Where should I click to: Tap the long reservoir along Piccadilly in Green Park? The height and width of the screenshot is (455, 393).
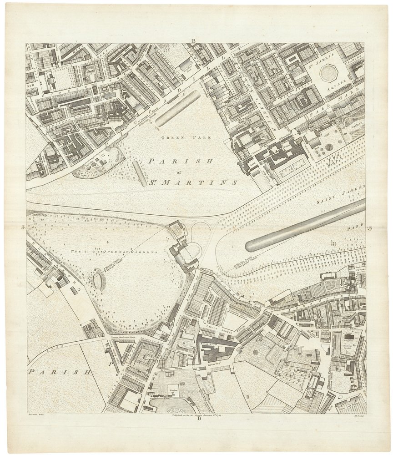click(x=177, y=108)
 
